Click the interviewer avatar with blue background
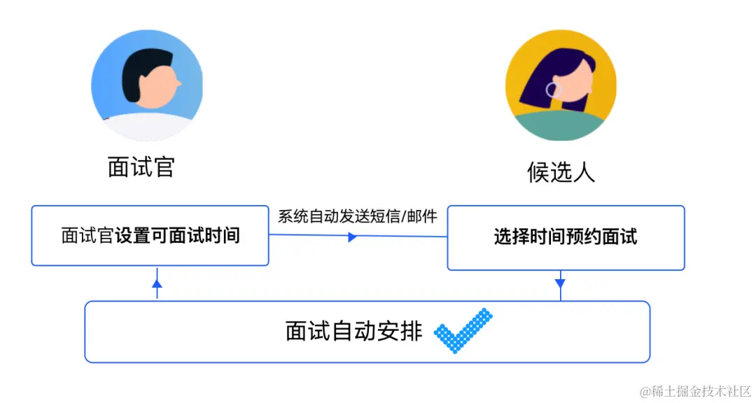click(147, 85)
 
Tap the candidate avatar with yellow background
click(561, 85)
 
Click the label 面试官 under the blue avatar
click(141, 167)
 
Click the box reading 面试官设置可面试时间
click(150, 236)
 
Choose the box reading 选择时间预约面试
click(566, 237)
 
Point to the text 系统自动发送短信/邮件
click(358, 216)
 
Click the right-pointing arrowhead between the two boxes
click(352, 237)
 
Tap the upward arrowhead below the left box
click(157, 283)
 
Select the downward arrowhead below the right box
click(560, 283)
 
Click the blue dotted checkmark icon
click(463, 330)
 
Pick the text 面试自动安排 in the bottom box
click(353, 331)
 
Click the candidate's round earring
click(553, 90)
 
